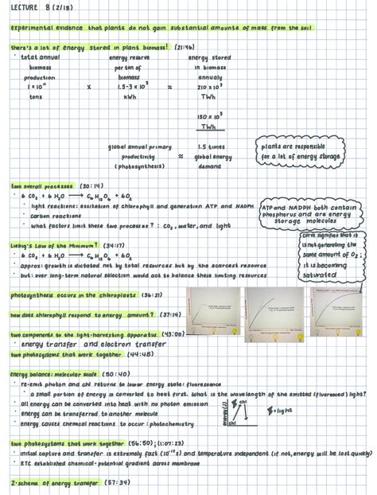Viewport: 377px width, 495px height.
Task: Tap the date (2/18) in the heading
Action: pyautogui.click(x=58, y=9)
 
